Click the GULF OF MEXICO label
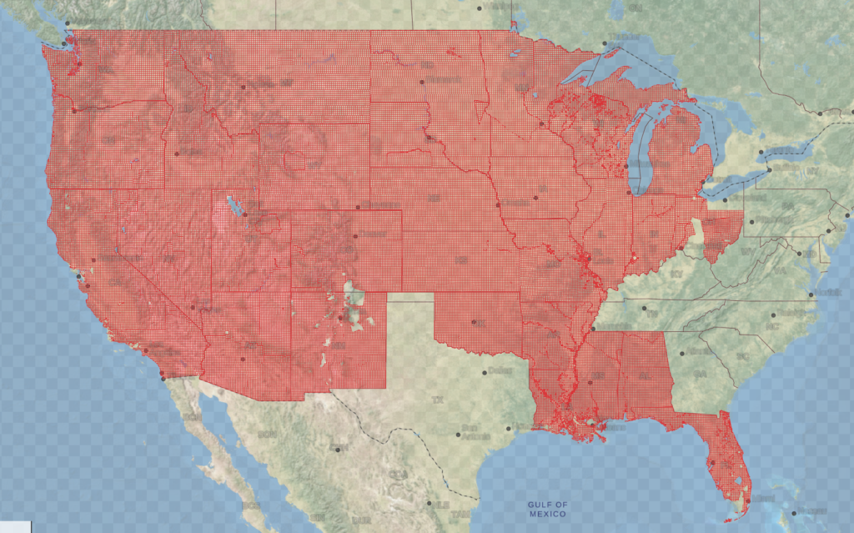coord(547,509)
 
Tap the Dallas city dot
coord(485,372)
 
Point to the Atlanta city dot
coord(681,353)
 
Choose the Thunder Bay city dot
coord(605,44)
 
